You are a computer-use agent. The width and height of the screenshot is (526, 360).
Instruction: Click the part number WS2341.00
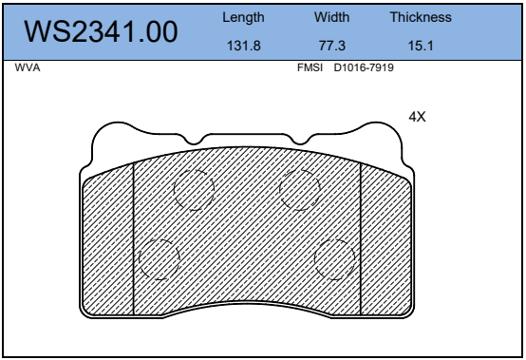(101, 31)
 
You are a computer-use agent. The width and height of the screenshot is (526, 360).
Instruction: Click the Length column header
(243, 17)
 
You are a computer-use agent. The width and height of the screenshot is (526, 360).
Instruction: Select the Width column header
(331, 17)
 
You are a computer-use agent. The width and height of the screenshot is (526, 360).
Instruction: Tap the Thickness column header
(421, 17)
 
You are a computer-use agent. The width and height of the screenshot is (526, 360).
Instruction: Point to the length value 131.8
(244, 46)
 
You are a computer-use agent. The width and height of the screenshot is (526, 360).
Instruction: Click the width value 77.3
(332, 46)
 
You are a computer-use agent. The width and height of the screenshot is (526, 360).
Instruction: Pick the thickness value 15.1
(421, 46)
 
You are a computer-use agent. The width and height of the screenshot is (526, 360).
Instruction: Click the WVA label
(28, 67)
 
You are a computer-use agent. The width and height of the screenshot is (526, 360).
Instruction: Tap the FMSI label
(310, 67)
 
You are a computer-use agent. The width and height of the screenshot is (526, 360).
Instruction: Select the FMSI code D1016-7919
(364, 67)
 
